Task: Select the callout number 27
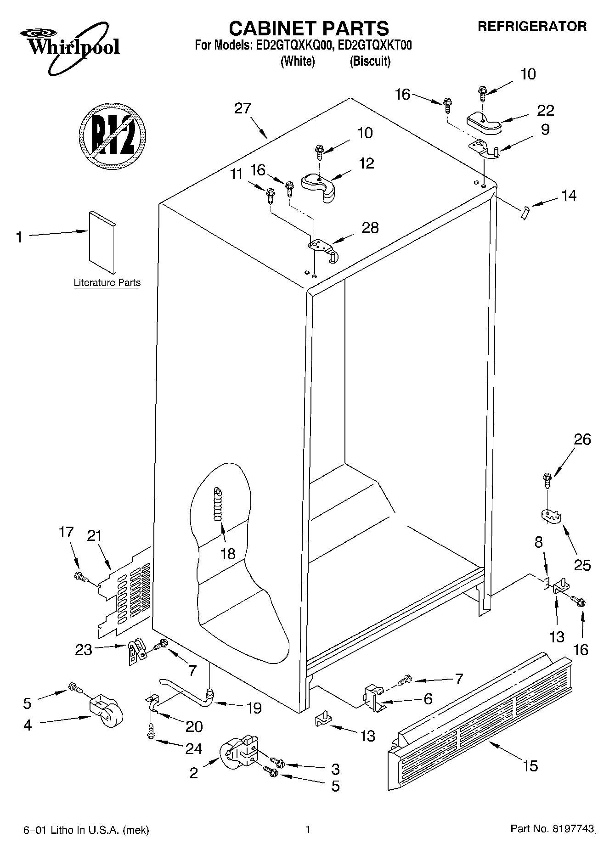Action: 243,108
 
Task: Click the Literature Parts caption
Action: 107,283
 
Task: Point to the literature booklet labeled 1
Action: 102,242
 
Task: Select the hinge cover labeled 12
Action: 319,186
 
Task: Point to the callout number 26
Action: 582,439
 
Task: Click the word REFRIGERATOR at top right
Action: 532,27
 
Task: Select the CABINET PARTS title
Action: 309,28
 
